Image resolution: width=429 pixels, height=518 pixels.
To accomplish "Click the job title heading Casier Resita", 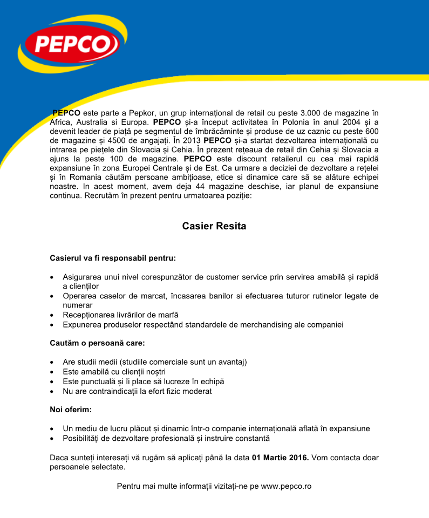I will (x=214, y=226).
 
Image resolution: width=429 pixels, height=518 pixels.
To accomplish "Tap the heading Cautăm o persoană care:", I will (x=97, y=343).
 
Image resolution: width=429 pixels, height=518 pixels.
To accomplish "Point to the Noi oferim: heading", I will (x=71, y=410).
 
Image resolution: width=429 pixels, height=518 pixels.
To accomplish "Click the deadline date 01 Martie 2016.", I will (x=280, y=458).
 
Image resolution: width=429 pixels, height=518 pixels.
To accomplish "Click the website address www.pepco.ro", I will (x=286, y=486).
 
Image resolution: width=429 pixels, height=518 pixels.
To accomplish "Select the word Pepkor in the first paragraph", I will (x=143, y=113).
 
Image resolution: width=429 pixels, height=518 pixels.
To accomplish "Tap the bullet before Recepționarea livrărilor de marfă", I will (x=51, y=315).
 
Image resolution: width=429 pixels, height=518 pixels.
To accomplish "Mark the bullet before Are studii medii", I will (x=51, y=362).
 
